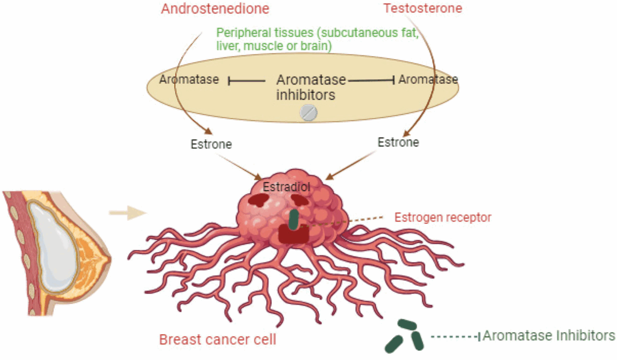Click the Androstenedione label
(x=215, y=8)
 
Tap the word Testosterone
(x=423, y=8)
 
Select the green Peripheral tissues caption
(x=317, y=39)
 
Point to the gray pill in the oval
(x=308, y=113)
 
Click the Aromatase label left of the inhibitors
(x=189, y=80)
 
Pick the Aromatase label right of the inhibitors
(x=428, y=80)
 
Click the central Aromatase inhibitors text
(x=311, y=87)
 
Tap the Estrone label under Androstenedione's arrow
(x=211, y=144)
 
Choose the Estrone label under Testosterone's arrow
(x=398, y=142)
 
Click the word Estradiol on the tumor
(x=286, y=187)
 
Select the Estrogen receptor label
(x=443, y=218)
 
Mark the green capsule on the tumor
(x=293, y=219)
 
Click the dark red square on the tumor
(x=293, y=235)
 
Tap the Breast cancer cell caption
(x=218, y=339)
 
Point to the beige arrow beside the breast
(x=128, y=213)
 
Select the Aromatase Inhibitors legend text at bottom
(x=548, y=336)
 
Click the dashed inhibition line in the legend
(x=456, y=336)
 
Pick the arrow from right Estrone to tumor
(x=350, y=166)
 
